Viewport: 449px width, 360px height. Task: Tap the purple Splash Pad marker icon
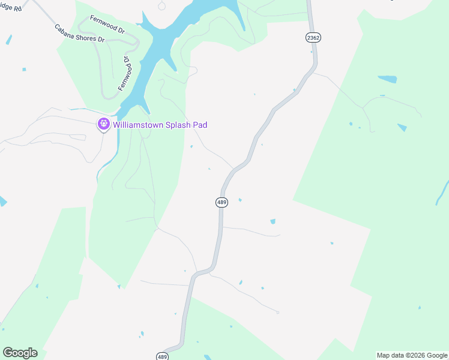click(x=103, y=124)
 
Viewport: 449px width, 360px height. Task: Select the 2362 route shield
click(x=313, y=37)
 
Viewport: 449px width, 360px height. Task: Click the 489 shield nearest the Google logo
click(x=162, y=356)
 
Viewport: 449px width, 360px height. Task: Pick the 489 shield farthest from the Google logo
click(x=221, y=202)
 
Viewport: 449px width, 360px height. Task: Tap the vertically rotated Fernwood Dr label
click(x=124, y=74)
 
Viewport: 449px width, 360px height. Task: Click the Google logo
click(x=20, y=353)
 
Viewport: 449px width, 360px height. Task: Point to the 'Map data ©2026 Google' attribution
click(x=412, y=355)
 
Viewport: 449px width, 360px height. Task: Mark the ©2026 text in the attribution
click(x=415, y=355)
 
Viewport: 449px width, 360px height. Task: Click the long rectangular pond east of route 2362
click(x=387, y=79)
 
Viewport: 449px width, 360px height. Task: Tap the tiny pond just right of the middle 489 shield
click(x=240, y=200)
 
